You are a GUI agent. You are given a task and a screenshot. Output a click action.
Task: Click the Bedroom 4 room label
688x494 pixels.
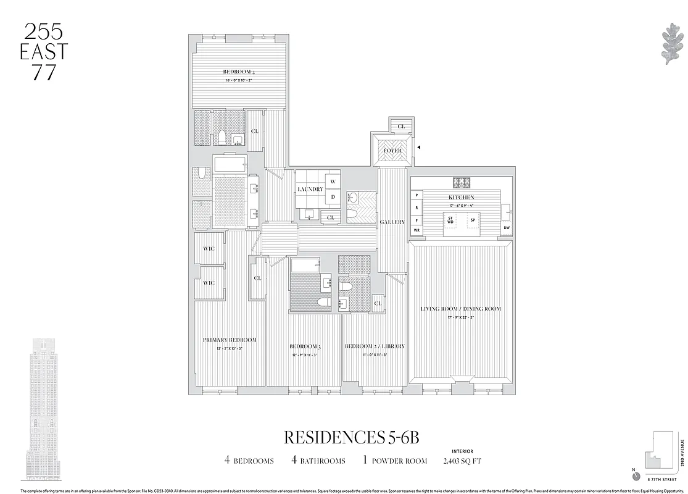pos(238,72)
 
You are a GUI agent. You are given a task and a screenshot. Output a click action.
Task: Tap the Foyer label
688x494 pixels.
pos(392,151)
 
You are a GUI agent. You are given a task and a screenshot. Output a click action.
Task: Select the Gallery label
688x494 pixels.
pos(392,222)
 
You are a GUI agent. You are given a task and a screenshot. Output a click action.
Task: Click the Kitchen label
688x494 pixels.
pos(461,198)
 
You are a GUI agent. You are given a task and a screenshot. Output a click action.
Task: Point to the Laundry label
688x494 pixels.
pos(310,189)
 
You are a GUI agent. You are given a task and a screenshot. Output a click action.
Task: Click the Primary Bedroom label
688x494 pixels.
pos(230,340)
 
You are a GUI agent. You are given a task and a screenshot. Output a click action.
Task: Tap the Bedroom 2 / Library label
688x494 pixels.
pos(375,346)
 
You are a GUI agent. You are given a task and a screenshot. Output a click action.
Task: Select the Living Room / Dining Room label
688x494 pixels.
pos(461,309)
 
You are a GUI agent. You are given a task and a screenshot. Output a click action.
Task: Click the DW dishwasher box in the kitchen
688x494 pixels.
pos(507,228)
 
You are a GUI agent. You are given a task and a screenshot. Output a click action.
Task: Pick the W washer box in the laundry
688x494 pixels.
pos(333,182)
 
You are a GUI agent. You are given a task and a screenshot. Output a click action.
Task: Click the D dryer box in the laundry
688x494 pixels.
pos(333,197)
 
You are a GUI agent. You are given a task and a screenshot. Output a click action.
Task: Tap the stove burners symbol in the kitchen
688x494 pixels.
pos(462,183)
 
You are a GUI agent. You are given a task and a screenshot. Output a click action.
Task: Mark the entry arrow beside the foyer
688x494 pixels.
pos(418,148)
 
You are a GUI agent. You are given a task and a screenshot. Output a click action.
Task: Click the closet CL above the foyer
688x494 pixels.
pos(401,126)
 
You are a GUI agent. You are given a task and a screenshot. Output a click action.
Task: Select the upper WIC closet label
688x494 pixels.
pos(209,250)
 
